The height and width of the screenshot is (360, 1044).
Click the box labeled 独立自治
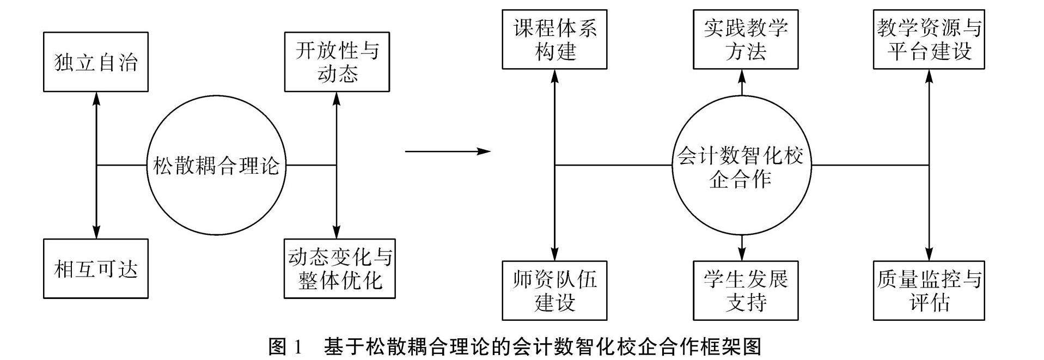point(96,62)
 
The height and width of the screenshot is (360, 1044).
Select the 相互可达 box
point(96,269)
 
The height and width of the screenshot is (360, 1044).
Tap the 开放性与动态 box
point(337,62)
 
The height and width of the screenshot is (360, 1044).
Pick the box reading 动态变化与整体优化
point(339,269)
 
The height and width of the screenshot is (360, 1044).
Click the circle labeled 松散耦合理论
point(216,165)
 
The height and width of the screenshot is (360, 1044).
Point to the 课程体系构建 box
point(554,39)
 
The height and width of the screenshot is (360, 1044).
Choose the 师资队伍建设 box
point(554,290)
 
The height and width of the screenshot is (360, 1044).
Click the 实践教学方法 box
point(745,39)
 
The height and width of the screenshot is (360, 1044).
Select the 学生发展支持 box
point(745,290)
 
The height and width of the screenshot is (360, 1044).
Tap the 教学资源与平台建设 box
point(929,39)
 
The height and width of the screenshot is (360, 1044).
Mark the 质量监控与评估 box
point(929,290)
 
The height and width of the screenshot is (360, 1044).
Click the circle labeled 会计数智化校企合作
point(741,165)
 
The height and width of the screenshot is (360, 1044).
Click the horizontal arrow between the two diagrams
point(448,151)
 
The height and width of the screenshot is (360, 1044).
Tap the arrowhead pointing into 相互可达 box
point(96,233)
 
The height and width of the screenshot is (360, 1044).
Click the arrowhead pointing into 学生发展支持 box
point(742,254)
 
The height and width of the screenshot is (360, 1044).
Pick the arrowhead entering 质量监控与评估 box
point(929,254)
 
